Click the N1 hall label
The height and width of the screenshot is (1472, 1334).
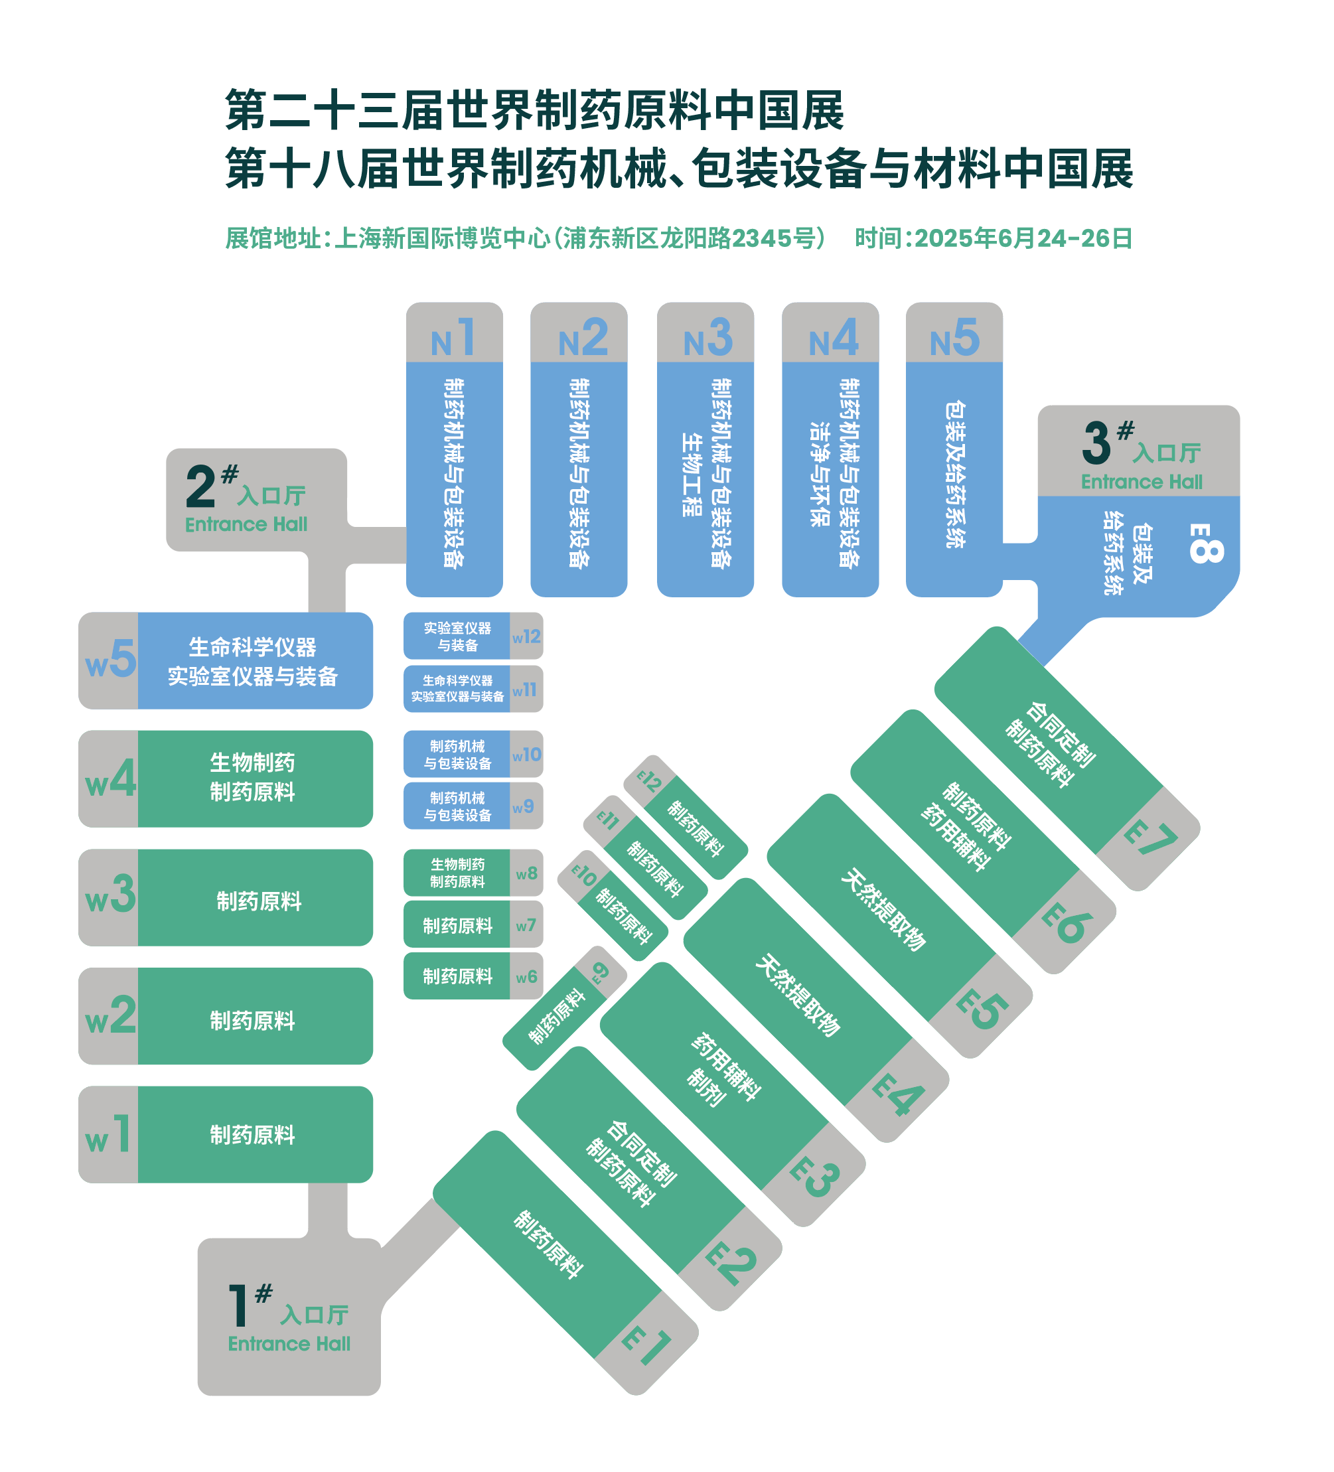click(453, 338)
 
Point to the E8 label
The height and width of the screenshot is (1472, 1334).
click(1205, 544)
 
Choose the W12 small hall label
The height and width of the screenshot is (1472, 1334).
click(526, 636)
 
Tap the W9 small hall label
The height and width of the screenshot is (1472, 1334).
click(523, 807)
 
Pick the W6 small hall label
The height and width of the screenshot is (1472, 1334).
click(526, 977)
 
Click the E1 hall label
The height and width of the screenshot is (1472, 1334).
click(646, 1345)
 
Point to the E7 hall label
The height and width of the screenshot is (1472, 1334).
click(1150, 840)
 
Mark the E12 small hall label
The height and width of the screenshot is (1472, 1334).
click(649, 782)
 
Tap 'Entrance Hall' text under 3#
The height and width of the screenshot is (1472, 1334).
click(1142, 482)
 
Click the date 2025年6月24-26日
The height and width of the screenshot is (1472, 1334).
click(1023, 238)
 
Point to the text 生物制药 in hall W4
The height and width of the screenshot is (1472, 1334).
click(253, 763)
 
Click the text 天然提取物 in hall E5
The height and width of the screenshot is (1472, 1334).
click(883, 909)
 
